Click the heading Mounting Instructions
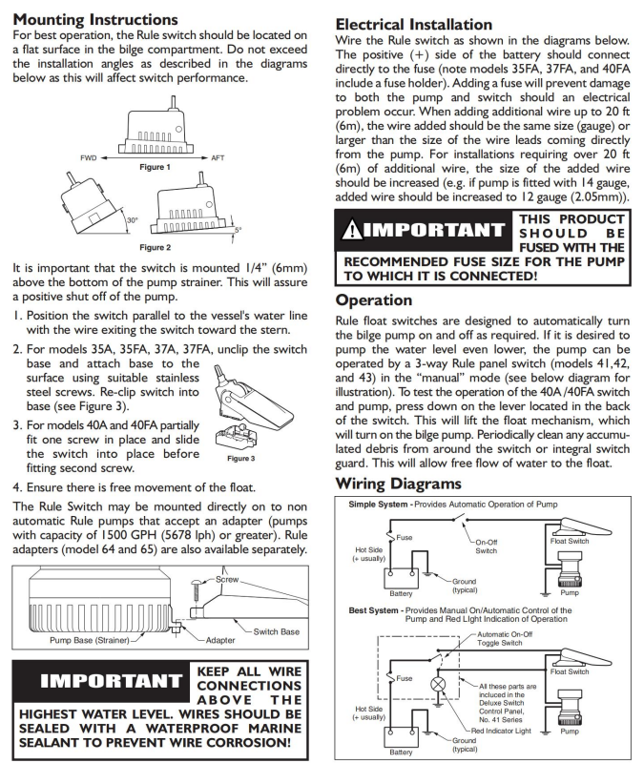click(97, 19)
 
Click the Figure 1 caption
click(155, 167)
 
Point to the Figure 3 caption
click(240, 458)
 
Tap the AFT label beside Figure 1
click(219, 156)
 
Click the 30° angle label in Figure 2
click(132, 219)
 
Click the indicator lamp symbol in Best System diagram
click(440, 684)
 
